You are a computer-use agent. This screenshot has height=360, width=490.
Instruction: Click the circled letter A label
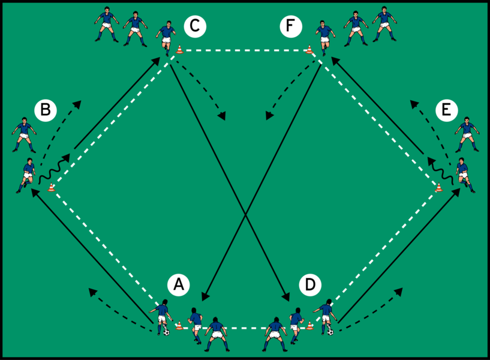point(179,284)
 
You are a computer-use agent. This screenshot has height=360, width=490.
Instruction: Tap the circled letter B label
point(46,110)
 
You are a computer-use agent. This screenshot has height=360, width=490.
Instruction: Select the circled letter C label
point(195,26)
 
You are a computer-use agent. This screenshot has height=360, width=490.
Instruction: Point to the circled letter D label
point(310,284)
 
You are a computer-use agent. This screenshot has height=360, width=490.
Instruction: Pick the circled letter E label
point(447,110)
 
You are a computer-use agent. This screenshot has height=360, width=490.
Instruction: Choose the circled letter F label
point(291,26)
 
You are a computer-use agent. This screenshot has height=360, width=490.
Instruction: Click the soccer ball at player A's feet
point(167,332)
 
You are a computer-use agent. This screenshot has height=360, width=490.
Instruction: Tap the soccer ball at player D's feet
point(330,332)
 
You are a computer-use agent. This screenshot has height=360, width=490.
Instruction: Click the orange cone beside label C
point(179,49)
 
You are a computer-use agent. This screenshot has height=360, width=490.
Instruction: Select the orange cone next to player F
point(309,49)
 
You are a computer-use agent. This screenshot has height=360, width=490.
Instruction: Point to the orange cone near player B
point(51,187)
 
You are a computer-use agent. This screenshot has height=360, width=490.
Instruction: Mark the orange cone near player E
point(439,187)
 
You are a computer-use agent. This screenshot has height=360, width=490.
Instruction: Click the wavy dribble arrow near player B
point(54,169)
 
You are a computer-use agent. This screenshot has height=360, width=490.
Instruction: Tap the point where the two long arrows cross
point(246,214)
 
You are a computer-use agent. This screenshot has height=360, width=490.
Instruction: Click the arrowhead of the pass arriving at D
point(285,297)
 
